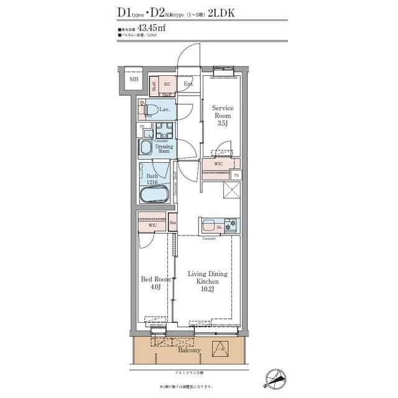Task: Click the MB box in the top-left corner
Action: click(x=133, y=80)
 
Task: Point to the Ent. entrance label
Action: click(x=188, y=84)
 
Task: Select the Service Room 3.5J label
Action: click(x=222, y=115)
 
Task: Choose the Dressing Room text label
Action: click(x=164, y=149)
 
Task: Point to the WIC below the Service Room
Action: click(x=218, y=164)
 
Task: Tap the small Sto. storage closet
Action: click(x=172, y=222)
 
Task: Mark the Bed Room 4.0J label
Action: click(x=152, y=283)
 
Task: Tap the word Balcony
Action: click(x=189, y=350)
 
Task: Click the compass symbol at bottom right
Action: click(x=275, y=377)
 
